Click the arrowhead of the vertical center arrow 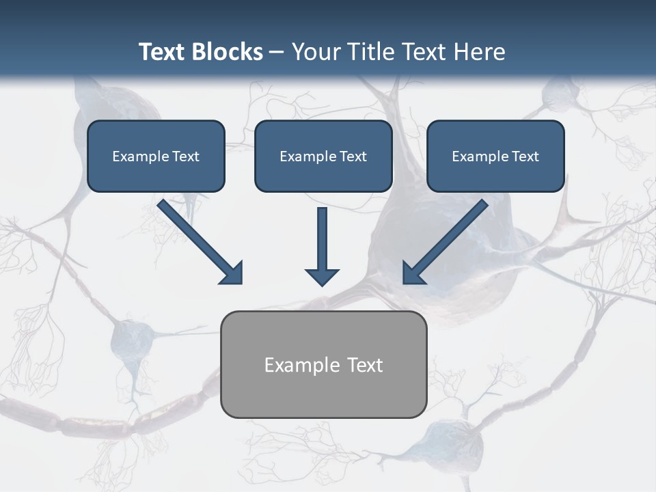coord(322,277)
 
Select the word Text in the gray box coord(365,365)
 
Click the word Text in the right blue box coord(525,156)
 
